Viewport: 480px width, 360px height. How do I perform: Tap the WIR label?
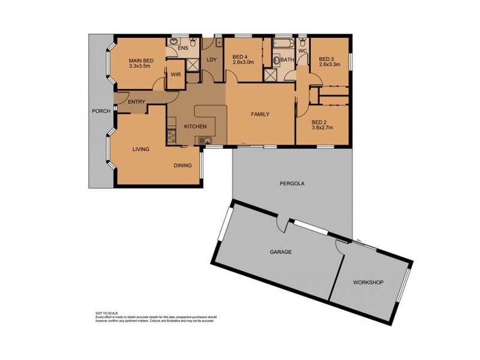(x=175, y=75)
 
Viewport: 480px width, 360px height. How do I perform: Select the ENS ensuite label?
(x=183, y=47)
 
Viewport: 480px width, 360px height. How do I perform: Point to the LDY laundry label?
(x=211, y=59)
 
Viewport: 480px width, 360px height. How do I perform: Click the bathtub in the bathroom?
(x=283, y=45)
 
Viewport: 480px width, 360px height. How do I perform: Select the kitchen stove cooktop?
(x=171, y=137)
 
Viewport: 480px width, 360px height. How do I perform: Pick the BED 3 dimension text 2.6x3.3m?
(x=329, y=64)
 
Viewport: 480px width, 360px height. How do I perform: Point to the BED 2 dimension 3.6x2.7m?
(x=322, y=127)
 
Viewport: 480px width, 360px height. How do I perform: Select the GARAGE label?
(x=280, y=252)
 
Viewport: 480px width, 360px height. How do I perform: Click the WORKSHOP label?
(x=368, y=282)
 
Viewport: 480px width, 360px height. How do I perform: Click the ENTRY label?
(x=136, y=102)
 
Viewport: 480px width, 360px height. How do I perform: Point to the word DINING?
(x=182, y=166)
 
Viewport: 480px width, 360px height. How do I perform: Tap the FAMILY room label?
(x=260, y=114)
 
